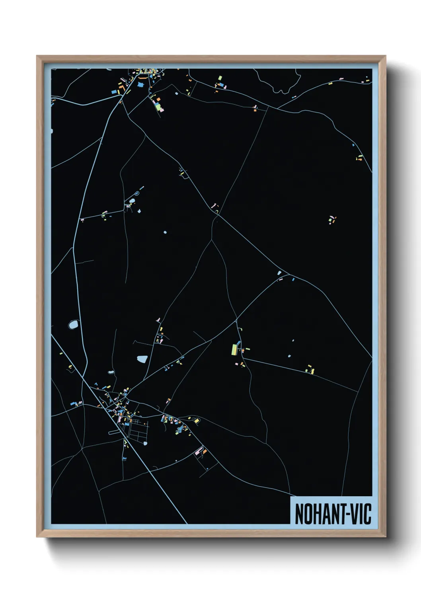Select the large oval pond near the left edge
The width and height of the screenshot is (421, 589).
point(73,325)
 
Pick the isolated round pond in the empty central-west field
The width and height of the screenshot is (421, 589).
point(165,232)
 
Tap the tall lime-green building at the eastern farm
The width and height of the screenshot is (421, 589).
point(234,349)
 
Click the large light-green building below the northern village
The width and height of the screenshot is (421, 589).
point(158,106)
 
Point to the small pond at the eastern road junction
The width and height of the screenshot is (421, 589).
point(279,273)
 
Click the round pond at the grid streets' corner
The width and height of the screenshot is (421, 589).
point(145,443)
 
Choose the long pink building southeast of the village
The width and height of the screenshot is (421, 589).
point(199,451)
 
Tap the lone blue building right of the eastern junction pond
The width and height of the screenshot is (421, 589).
point(293,279)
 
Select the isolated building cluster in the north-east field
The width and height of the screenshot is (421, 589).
point(332,220)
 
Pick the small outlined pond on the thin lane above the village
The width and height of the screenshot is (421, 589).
point(111,373)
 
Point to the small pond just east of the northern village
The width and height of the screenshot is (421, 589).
point(177,94)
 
